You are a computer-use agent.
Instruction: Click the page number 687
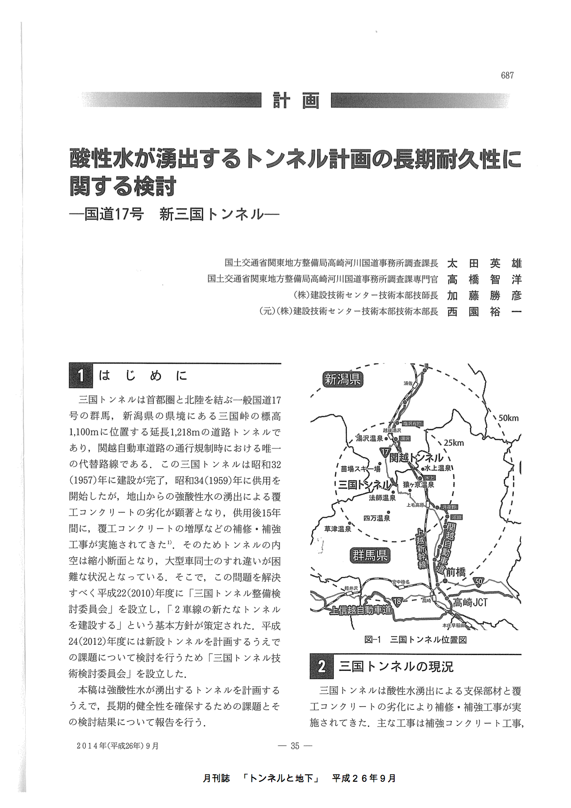(507, 76)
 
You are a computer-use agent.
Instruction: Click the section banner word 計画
(296, 100)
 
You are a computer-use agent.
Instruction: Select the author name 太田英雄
(484, 264)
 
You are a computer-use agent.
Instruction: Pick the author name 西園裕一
(484, 312)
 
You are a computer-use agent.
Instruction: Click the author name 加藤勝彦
(484, 296)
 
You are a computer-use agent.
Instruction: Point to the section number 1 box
(81, 376)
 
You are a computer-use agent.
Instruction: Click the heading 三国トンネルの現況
(396, 666)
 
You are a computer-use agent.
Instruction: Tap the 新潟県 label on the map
(343, 379)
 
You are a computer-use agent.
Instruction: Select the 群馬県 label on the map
(370, 555)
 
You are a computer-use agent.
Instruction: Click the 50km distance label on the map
(508, 418)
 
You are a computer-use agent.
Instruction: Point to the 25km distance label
(454, 443)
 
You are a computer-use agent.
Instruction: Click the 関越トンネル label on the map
(416, 458)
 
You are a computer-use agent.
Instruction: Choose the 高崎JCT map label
(470, 602)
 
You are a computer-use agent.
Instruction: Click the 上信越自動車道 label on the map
(361, 610)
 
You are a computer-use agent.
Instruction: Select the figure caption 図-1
(373, 640)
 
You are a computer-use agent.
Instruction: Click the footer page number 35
(295, 746)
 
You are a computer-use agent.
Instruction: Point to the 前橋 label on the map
(455, 572)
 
